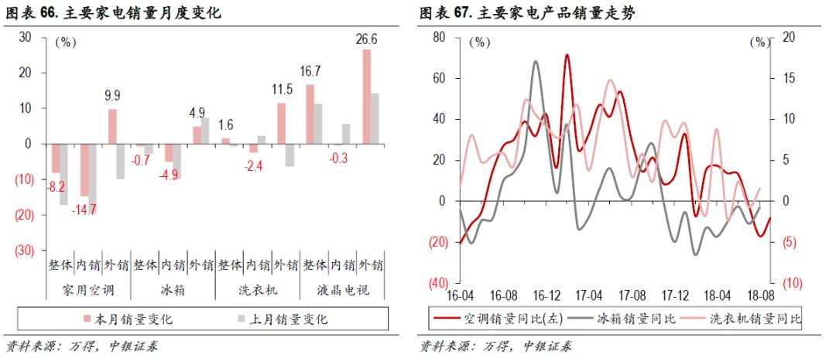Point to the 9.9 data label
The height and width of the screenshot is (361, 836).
(113, 96)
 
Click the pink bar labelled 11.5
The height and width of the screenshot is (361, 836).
(281, 124)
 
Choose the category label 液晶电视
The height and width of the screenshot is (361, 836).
(343, 291)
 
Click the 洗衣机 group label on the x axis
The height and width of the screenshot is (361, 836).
(258, 291)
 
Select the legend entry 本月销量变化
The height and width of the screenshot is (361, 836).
(133, 318)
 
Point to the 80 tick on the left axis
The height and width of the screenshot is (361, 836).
(439, 37)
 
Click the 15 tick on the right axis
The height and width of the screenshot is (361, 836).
(782, 78)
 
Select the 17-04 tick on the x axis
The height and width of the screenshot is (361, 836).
(589, 295)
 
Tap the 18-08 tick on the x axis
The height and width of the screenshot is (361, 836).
(760, 295)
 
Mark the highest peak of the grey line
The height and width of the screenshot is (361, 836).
(536, 61)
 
